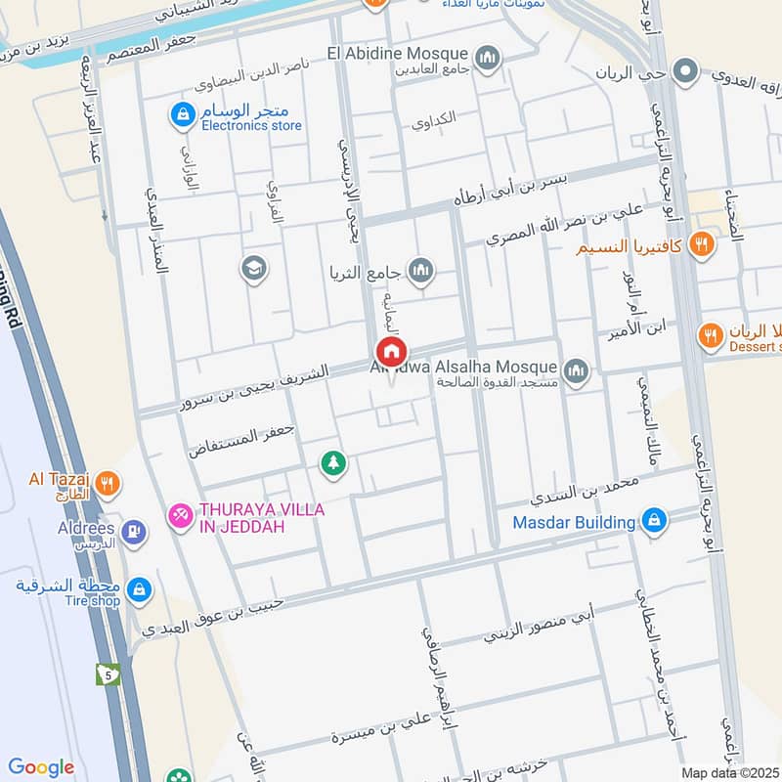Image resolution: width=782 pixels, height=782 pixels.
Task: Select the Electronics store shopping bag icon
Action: coord(181,115)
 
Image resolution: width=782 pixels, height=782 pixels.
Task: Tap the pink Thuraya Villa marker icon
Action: coord(179,513)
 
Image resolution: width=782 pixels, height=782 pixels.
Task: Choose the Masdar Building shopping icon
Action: coord(655,521)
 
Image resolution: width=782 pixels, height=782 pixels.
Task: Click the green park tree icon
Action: coord(333,463)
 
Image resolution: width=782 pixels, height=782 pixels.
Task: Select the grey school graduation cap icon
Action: coord(254,269)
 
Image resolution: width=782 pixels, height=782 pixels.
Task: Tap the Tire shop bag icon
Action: coord(140,588)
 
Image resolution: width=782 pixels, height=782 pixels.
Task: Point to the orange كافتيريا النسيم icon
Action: coord(700,245)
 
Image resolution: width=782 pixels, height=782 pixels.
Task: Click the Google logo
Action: coord(40,767)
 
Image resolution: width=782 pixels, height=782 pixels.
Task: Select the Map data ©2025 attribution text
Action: coord(729,773)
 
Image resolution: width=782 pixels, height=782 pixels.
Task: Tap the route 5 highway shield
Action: coord(108,673)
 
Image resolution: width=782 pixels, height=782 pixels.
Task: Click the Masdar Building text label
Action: coord(574,523)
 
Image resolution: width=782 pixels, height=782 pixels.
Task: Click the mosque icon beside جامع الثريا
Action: coord(421,270)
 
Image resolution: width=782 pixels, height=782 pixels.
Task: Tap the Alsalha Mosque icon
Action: coord(577,370)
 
